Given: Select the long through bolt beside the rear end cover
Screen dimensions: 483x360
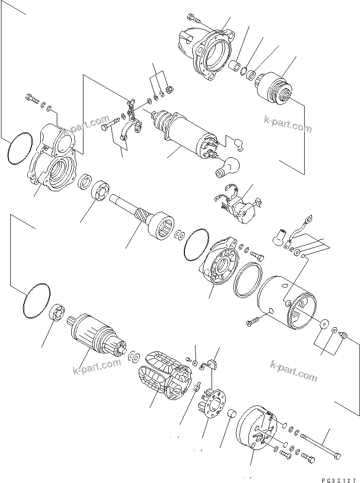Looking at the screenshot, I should coord(320,445).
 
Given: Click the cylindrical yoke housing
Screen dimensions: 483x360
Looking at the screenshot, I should coord(286,303).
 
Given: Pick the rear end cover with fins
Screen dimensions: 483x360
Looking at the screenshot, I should coord(255,427).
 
